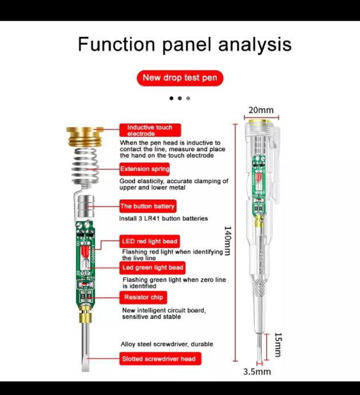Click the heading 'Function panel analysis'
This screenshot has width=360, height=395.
184,44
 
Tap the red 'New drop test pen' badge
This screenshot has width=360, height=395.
180,78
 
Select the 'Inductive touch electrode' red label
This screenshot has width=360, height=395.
149,131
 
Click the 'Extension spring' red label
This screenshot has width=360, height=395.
144,169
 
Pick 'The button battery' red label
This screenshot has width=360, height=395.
147,206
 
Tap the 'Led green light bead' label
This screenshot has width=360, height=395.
152,267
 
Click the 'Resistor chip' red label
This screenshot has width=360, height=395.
143,297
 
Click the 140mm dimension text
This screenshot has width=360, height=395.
227,240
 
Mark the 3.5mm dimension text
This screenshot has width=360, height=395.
257,372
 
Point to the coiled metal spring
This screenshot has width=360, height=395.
86,166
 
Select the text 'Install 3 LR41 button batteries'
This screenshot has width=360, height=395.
164,219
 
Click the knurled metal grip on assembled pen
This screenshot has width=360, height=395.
259,287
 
